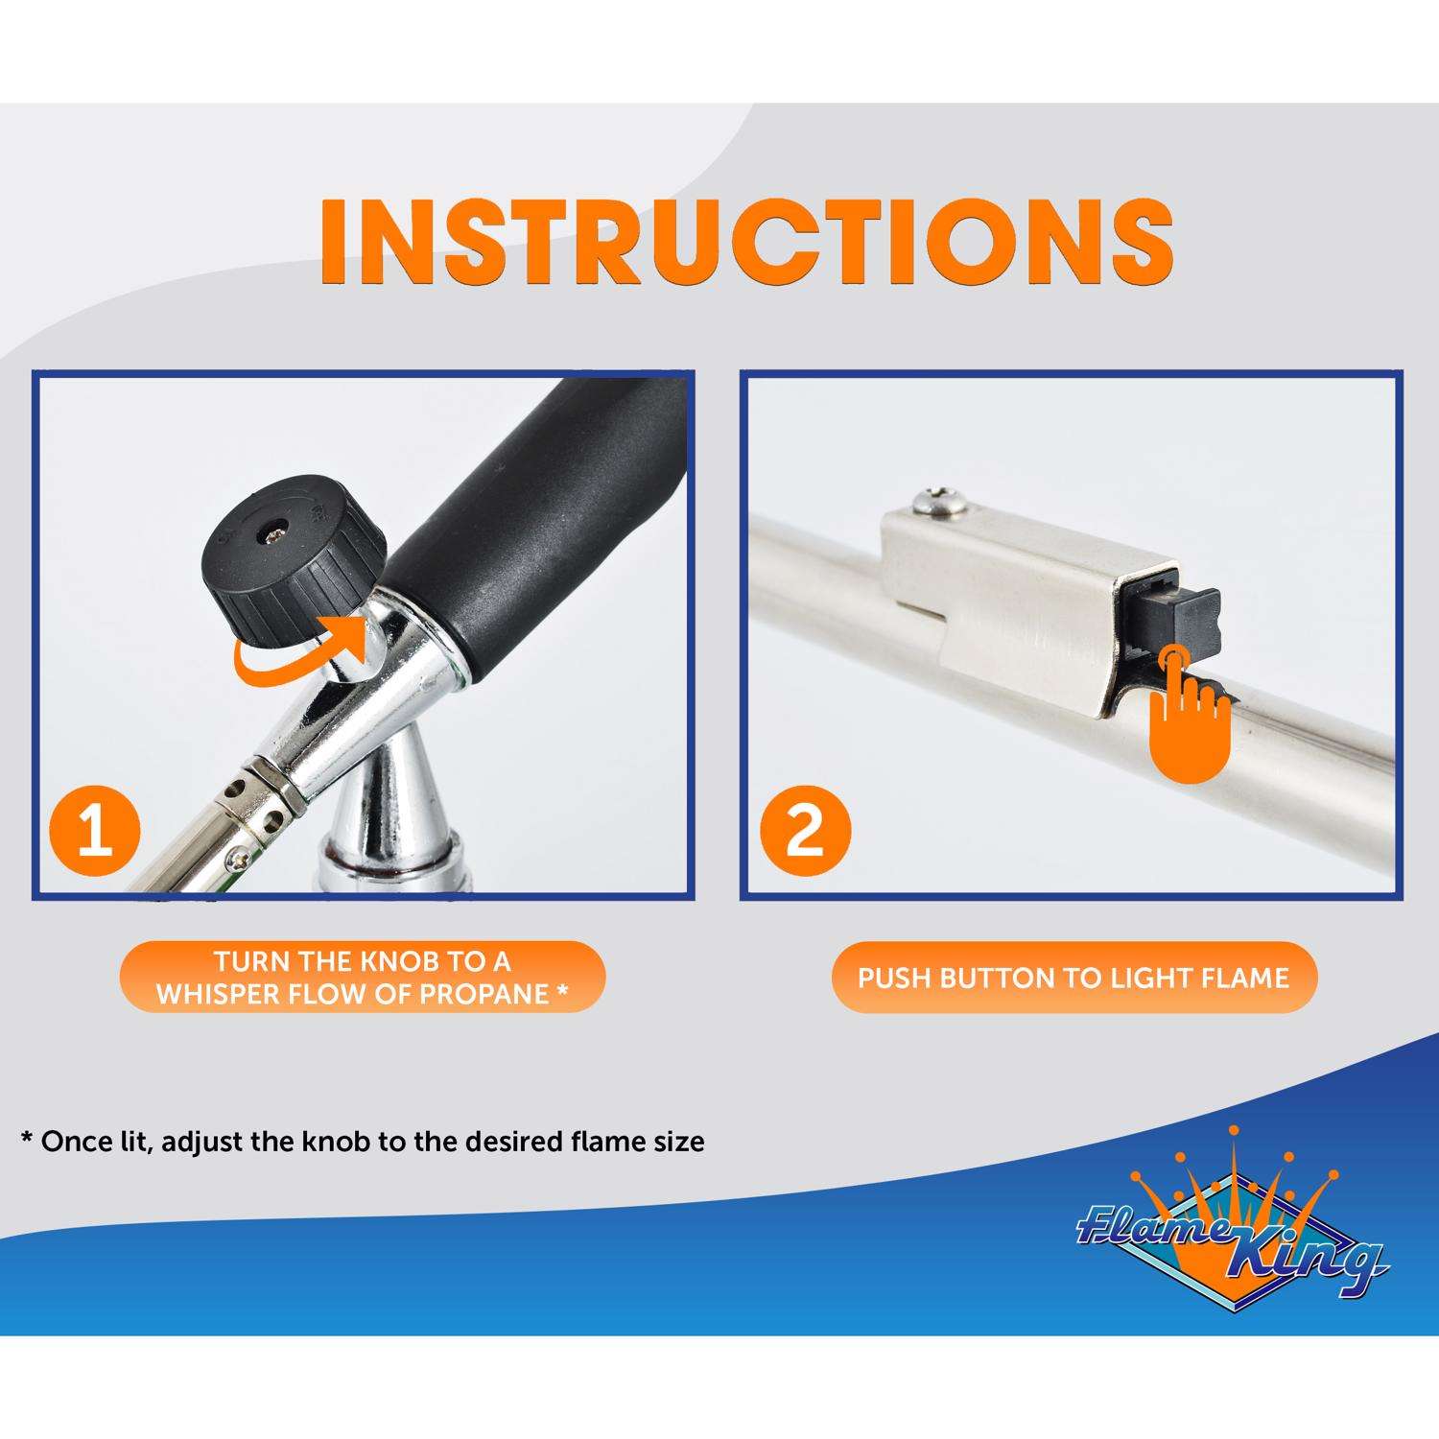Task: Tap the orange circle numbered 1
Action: click(94, 830)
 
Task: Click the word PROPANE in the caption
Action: click(485, 993)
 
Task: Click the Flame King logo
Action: click(1231, 1238)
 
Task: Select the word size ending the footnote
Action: click(674, 1143)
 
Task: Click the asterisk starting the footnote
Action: click(27, 1138)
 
